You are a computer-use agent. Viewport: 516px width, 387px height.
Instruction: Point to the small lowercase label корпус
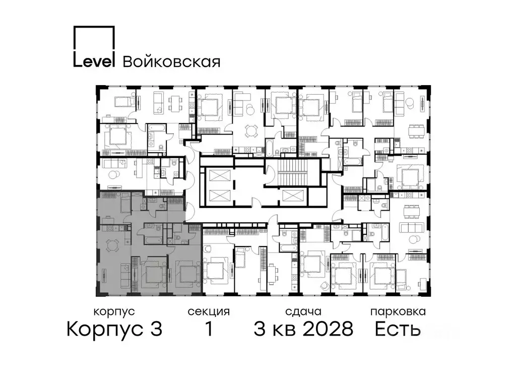tap(114, 312)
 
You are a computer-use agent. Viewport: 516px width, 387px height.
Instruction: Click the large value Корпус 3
tap(114, 330)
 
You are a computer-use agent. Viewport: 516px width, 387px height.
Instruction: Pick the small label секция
tap(209, 312)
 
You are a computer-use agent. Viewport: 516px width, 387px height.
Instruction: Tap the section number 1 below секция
tap(208, 330)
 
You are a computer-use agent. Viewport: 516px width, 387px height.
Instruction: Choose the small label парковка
tap(398, 312)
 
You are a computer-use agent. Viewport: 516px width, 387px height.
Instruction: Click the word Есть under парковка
tap(398, 330)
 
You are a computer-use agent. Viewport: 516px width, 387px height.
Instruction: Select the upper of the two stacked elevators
tap(217, 176)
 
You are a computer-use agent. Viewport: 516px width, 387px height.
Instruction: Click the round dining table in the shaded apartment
tap(112, 246)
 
